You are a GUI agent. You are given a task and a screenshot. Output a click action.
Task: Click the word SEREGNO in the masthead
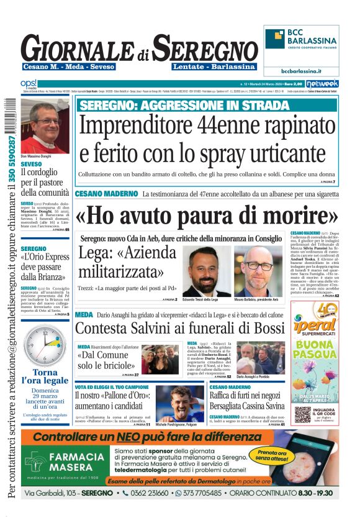[205, 48]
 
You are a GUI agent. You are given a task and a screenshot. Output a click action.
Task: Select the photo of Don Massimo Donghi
[45, 124]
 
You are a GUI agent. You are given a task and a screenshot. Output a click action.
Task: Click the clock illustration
[45, 345]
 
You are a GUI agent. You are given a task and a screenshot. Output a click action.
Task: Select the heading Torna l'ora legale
[45, 377]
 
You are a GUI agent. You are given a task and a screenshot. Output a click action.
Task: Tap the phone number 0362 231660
[145, 493]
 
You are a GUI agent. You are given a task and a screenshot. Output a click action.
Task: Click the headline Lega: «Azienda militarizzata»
[127, 262]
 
